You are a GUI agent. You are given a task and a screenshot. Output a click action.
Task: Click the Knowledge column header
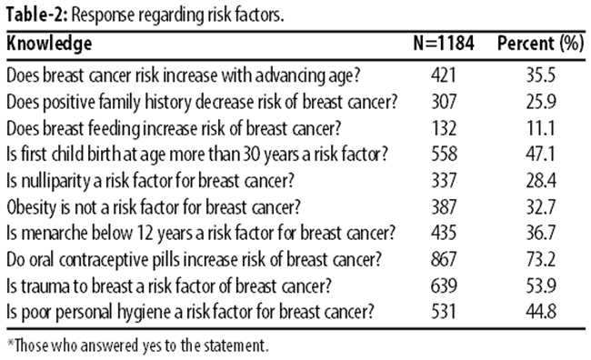49,44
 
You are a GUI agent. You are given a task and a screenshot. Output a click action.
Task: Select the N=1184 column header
444,43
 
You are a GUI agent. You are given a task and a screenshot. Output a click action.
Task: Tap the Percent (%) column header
540,44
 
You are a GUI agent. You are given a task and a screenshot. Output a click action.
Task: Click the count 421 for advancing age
444,75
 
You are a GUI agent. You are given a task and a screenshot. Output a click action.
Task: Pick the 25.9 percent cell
541,102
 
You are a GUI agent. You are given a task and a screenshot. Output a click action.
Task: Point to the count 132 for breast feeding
444,128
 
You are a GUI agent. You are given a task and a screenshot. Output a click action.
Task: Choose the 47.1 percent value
540,155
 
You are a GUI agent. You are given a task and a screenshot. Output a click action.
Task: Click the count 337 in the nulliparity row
444,181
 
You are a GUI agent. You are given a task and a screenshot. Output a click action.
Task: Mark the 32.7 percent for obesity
541,207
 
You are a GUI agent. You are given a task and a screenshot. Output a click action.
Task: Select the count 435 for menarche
444,233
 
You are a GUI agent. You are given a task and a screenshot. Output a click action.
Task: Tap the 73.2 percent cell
541,259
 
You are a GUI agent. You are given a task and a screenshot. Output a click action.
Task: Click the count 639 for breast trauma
444,285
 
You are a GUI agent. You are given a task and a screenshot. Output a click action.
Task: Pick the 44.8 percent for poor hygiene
541,312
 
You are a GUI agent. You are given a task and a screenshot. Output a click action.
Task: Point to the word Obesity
31,207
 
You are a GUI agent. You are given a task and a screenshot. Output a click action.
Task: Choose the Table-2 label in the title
36,15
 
